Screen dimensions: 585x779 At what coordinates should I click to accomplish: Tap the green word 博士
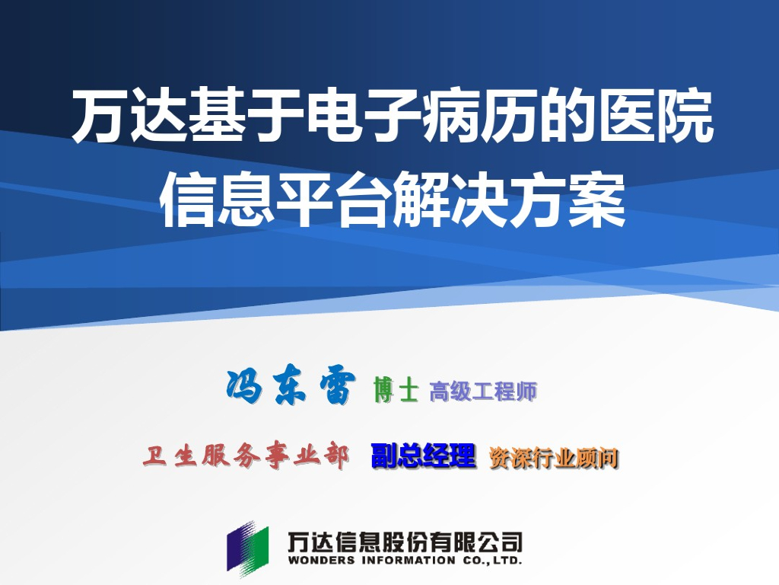point(396,391)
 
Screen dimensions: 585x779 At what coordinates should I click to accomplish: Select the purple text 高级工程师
point(483,392)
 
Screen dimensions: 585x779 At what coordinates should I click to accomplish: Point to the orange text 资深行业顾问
point(553,458)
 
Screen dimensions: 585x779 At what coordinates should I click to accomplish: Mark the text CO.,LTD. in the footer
point(491,561)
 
